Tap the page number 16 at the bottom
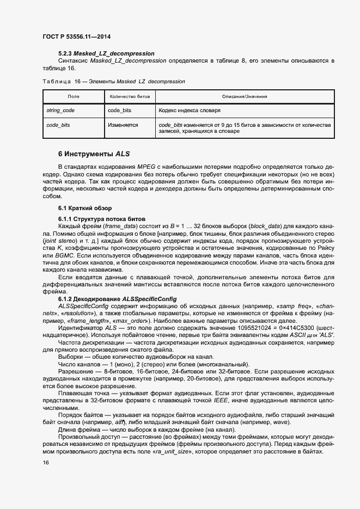pos(45,462)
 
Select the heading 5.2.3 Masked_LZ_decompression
pos(105,53)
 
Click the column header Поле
pos(73,96)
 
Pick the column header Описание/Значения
pos(244,96)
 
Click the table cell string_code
pos(60,110)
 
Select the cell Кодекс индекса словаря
pos(190,110)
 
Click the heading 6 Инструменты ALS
pos(94,154)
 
